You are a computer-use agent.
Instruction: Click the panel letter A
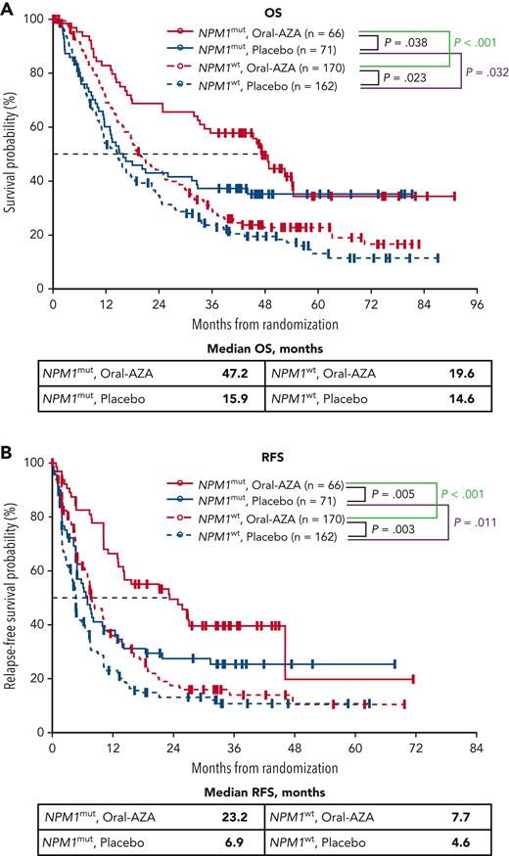click(10, 9)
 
